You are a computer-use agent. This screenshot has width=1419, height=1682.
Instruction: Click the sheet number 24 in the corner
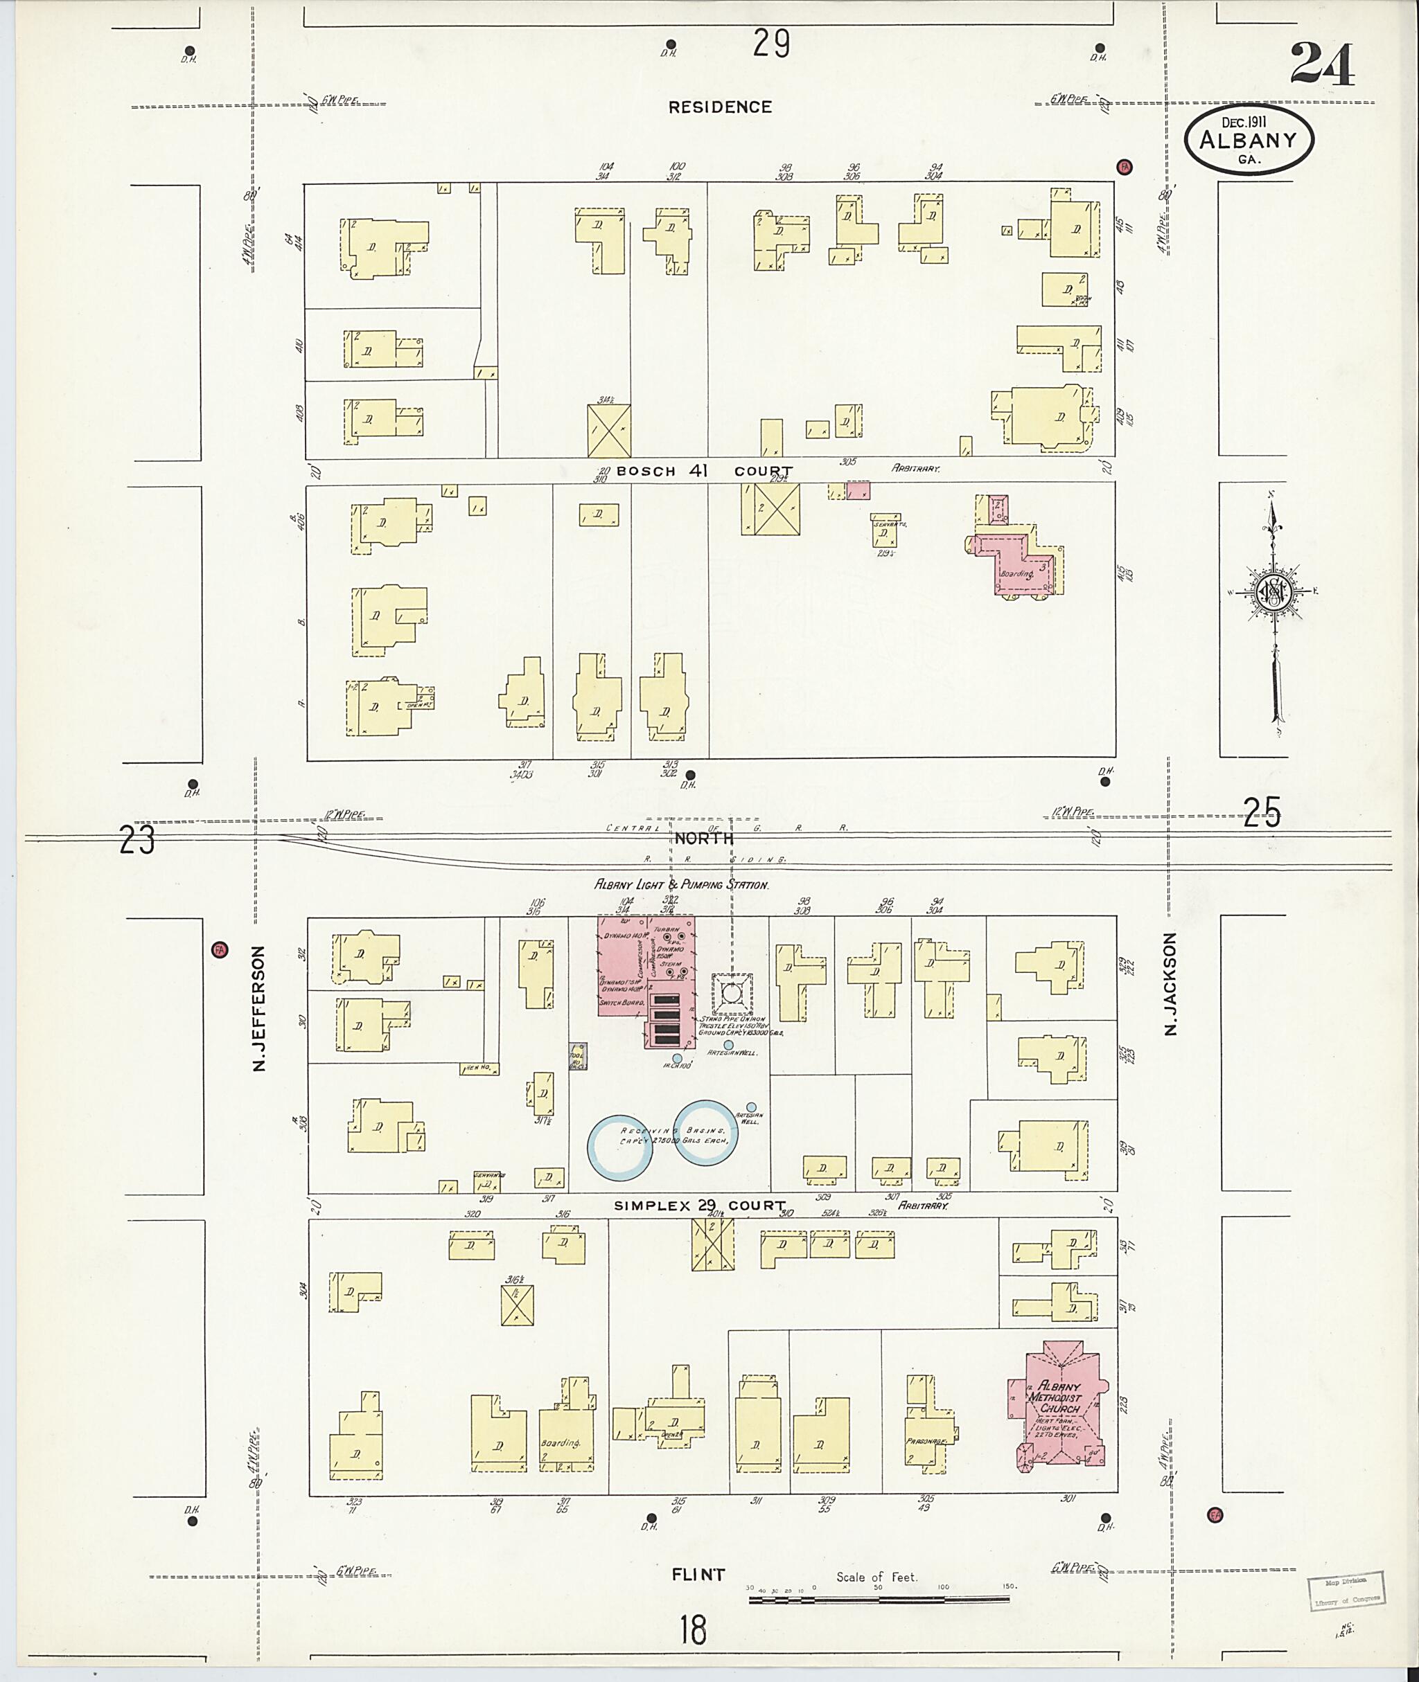tap(1323, 64)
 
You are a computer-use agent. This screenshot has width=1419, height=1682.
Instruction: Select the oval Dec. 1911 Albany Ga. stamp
tap(1249, 140)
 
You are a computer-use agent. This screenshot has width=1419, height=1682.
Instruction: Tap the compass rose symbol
tap(1273, 593)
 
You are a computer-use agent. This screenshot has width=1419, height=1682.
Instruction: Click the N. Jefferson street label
tap(259, 1008)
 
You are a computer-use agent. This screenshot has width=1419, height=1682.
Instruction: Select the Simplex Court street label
tap(699, 1206)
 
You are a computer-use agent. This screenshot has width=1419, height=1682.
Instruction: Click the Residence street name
tap(720, 107)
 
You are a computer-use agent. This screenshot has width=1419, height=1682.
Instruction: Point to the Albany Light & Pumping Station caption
tap(681, 884)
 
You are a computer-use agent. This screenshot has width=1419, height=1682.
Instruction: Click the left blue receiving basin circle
tap(619, 1145)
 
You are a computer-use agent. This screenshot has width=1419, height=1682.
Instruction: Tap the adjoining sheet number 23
tap(136, 841)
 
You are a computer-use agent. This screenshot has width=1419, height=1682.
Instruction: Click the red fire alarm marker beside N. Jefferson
tap(218, 949)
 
